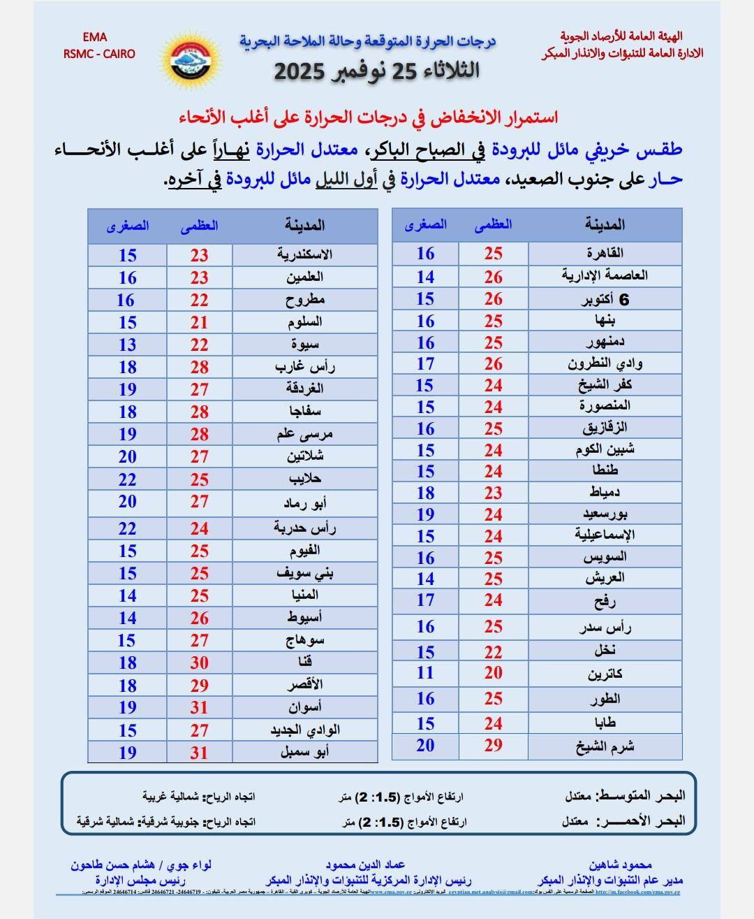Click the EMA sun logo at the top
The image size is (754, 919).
click(x=191, y=60)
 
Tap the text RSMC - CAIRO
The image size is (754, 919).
click(x=99, y=54)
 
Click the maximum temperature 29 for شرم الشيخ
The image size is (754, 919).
click(x=493, y=746)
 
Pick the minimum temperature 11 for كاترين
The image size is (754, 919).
click(x=425, y=673)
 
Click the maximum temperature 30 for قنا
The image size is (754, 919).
click(x=199, y=663)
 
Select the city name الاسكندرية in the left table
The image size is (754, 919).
click(x=304, y=254)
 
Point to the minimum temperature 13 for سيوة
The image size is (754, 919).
click(x=127, y=345)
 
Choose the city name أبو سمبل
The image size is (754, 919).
click(x=304, y=752)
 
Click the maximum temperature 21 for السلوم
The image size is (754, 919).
click(x=199, y=322)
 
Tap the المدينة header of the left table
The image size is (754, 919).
click(x=304, y=226)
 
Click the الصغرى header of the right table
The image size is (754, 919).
click(x=425, y=224)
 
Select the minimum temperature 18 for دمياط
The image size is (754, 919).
click(x=425, y=493)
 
